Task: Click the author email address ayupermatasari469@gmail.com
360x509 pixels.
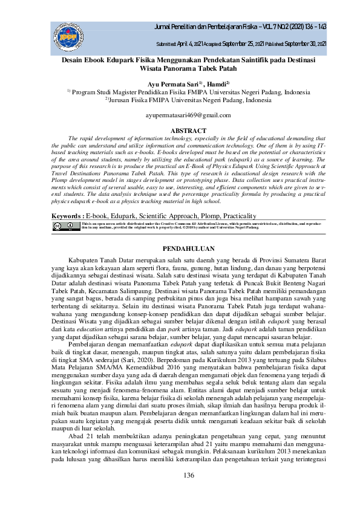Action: click(x=180, y=114)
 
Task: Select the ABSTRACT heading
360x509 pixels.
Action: click(x=180, y=130)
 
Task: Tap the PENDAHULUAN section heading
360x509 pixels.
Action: click(x=180, y=248)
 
